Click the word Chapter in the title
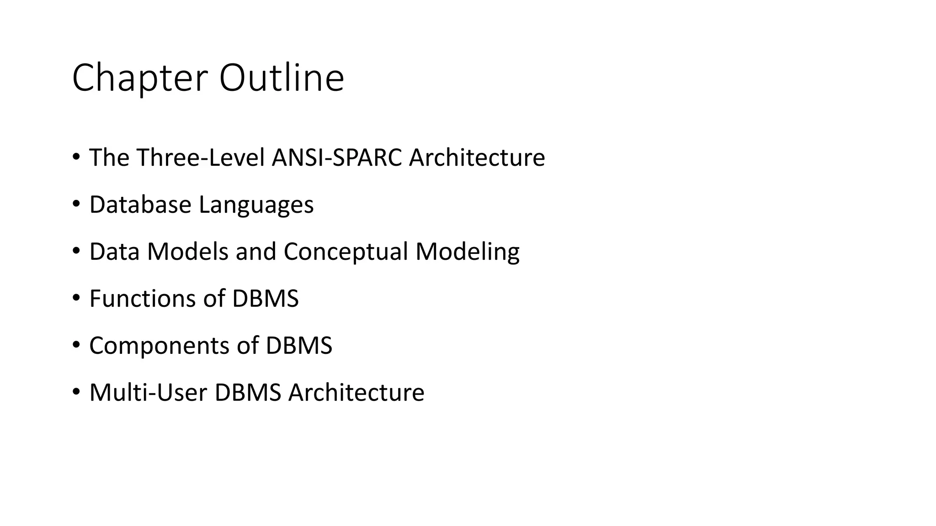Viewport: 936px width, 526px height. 140,79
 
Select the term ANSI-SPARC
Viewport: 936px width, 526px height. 337,158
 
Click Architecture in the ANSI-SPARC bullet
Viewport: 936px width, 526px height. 477,158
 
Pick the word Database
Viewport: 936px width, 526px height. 140,205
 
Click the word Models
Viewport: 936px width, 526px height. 187,252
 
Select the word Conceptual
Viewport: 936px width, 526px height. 346,252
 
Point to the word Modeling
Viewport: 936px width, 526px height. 467,252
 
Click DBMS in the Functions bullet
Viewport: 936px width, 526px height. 265,299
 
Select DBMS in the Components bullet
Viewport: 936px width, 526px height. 299,346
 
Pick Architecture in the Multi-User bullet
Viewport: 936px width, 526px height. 356,393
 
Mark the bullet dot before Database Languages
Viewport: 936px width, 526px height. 76,204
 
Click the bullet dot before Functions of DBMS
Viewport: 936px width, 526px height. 76,298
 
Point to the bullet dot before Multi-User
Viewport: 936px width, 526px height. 76,392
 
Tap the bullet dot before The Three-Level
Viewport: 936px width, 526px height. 76,157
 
